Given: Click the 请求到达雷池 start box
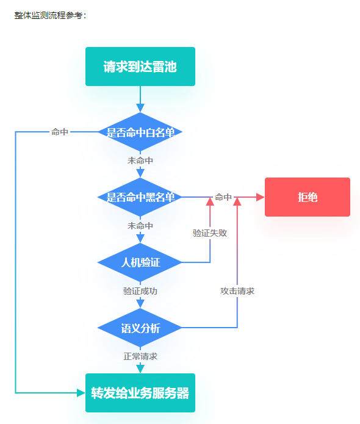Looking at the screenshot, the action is pyautogui.click(x=140, y=66).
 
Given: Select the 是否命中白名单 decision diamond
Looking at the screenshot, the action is pyautogui.click(x=140, y=132).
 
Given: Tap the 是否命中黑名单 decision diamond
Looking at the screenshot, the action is pyautogui.click(x=140, y=197).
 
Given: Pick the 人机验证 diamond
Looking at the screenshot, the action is pyautogui.click(x=140, y=262).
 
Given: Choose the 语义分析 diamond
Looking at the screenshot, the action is pyautogui.click(x=140, y=328).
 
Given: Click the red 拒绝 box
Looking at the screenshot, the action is pyautogui.click(x=308, y=197).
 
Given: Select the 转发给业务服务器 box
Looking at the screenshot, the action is pyautogui.click(x=140, y=393).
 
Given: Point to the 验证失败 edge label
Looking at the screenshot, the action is pyautogui.click(x=210, y=233).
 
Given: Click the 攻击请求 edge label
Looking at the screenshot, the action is pyautogui.click(x=237, y=291).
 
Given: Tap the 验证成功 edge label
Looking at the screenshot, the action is pyautogui.click(x=140, y=291).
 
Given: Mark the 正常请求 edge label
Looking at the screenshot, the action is pyautogui.click(x=140, y=356).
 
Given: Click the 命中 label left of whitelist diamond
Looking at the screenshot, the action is pyautogui.click(x=60, y=132).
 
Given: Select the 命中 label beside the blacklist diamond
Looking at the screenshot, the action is pyautogui.click(x=223, y=197).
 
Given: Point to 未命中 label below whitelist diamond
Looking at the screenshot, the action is pyautogui.click(x=140, y=160).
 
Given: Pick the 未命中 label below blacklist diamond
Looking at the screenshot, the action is pyautogui.click(x=140, y=226).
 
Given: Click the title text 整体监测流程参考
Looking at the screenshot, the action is pyautogui.click(x=48, y=15).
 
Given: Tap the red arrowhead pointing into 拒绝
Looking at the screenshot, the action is pyautogui.click(x=260, y=197).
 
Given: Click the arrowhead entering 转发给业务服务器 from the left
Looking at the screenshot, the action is pyautogui.click(x=81, y=393).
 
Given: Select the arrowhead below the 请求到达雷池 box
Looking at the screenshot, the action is pyautogui.click(x=140, y=107).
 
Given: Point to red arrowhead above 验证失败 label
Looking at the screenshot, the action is pyautogui.click(x=210, y=202).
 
